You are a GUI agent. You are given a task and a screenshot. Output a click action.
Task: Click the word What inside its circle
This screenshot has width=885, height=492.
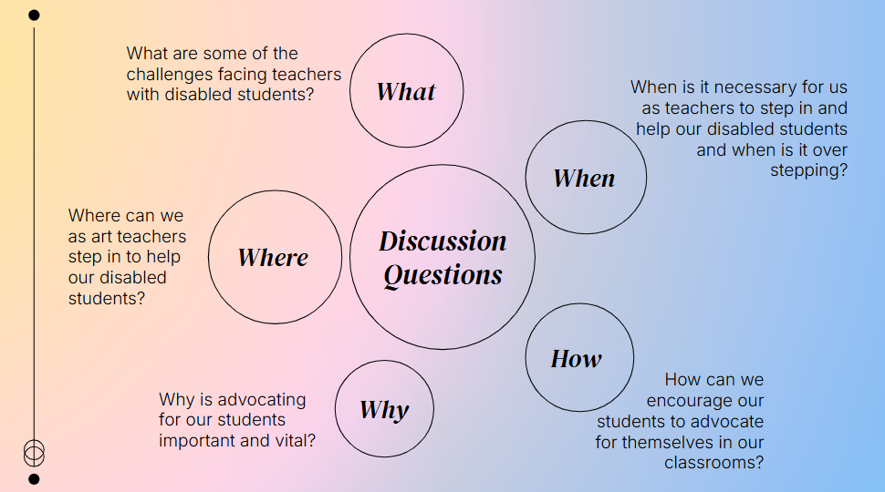click(x=406, y=91)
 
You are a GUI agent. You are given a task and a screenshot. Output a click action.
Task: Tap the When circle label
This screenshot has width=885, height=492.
click(x=584, y=179)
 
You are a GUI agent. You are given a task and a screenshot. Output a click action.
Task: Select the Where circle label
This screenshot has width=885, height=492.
click(x=273, y=258)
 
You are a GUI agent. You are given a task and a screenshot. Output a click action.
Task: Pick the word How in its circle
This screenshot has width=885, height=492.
click(x=576, y=359)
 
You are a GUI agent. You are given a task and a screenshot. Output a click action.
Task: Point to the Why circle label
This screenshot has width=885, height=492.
click(x=384, y=410)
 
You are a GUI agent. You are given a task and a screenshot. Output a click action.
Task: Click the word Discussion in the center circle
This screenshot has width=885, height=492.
click(x=442, y=241)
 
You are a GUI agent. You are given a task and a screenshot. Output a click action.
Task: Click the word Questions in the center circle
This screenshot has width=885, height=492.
click(x=442, y=275)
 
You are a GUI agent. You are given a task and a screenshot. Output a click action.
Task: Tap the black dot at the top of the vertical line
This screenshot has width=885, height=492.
click(x=34, y=15)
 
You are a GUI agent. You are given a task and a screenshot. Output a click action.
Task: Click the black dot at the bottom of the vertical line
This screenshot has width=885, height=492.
click(x=34, y=478)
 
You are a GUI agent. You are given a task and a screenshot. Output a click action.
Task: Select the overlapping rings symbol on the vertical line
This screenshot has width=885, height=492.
click(x=34, y=451)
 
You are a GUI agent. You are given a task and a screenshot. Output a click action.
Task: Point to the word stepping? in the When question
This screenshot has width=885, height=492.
click(x=808, y=170)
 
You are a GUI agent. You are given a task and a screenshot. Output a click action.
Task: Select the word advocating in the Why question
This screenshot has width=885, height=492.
click(x=262, y=399)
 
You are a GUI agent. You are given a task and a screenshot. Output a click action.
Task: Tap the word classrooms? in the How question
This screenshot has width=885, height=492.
click(x=713, y=463)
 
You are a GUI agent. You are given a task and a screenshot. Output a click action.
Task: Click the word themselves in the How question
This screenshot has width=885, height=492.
click(x=675, y=443)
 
